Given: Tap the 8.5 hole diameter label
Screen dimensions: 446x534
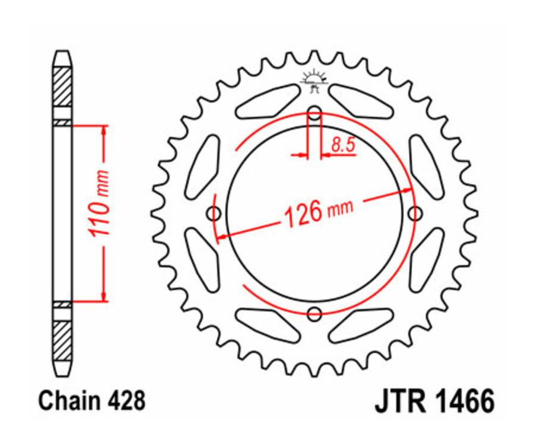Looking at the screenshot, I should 340,144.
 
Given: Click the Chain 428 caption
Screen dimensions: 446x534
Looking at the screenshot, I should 91,402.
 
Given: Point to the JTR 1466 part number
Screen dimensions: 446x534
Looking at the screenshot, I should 434,402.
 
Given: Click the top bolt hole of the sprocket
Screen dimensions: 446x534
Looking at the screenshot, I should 315,113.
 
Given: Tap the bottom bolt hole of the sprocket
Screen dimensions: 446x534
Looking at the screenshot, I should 315,313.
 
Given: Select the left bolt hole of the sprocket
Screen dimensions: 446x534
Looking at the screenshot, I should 214,213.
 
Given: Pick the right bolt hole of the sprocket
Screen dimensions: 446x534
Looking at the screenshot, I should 415,213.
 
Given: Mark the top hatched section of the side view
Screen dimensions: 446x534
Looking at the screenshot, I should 62,87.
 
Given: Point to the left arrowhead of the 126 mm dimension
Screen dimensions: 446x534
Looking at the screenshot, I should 222,237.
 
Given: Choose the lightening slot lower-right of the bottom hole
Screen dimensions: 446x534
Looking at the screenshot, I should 361,325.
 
